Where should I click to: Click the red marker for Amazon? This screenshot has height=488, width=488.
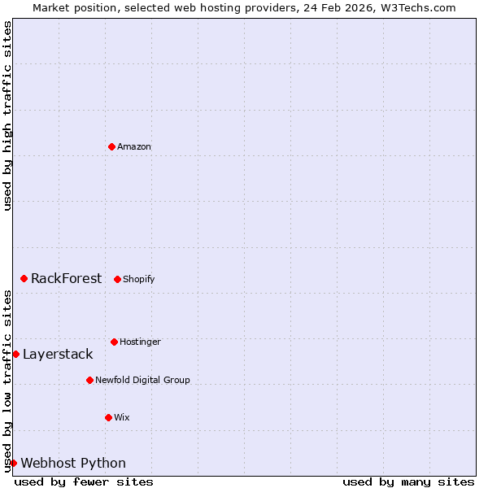[111, 146]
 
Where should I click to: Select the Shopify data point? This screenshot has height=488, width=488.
[117, 279]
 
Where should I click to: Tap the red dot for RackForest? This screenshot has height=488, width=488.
[24, 278]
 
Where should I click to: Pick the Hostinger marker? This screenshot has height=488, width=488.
[114, 342]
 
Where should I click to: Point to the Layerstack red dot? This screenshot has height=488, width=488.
[15, 354]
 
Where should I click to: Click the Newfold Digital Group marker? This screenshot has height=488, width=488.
[89, 380]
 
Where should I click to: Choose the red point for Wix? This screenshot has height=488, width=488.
[108, 417]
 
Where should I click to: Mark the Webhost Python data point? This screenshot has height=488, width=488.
[13, 463]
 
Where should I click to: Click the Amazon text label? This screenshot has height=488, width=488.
[134, 147]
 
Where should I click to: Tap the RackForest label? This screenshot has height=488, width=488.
[66, 279]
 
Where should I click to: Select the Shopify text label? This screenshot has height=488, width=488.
[139, 280]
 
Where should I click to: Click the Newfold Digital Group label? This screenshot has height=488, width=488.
[142, 381]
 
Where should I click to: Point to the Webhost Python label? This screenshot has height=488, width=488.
[73, 464]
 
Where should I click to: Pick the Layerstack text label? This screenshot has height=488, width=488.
[58, 355]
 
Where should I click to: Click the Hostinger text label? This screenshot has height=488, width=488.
[140, 342]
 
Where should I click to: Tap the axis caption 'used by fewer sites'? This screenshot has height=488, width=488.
[84, 481]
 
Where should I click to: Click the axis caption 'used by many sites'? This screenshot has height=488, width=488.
[408, 481]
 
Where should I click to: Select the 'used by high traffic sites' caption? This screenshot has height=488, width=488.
[7, 116]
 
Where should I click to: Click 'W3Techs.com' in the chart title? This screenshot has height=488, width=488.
[416, 7]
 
